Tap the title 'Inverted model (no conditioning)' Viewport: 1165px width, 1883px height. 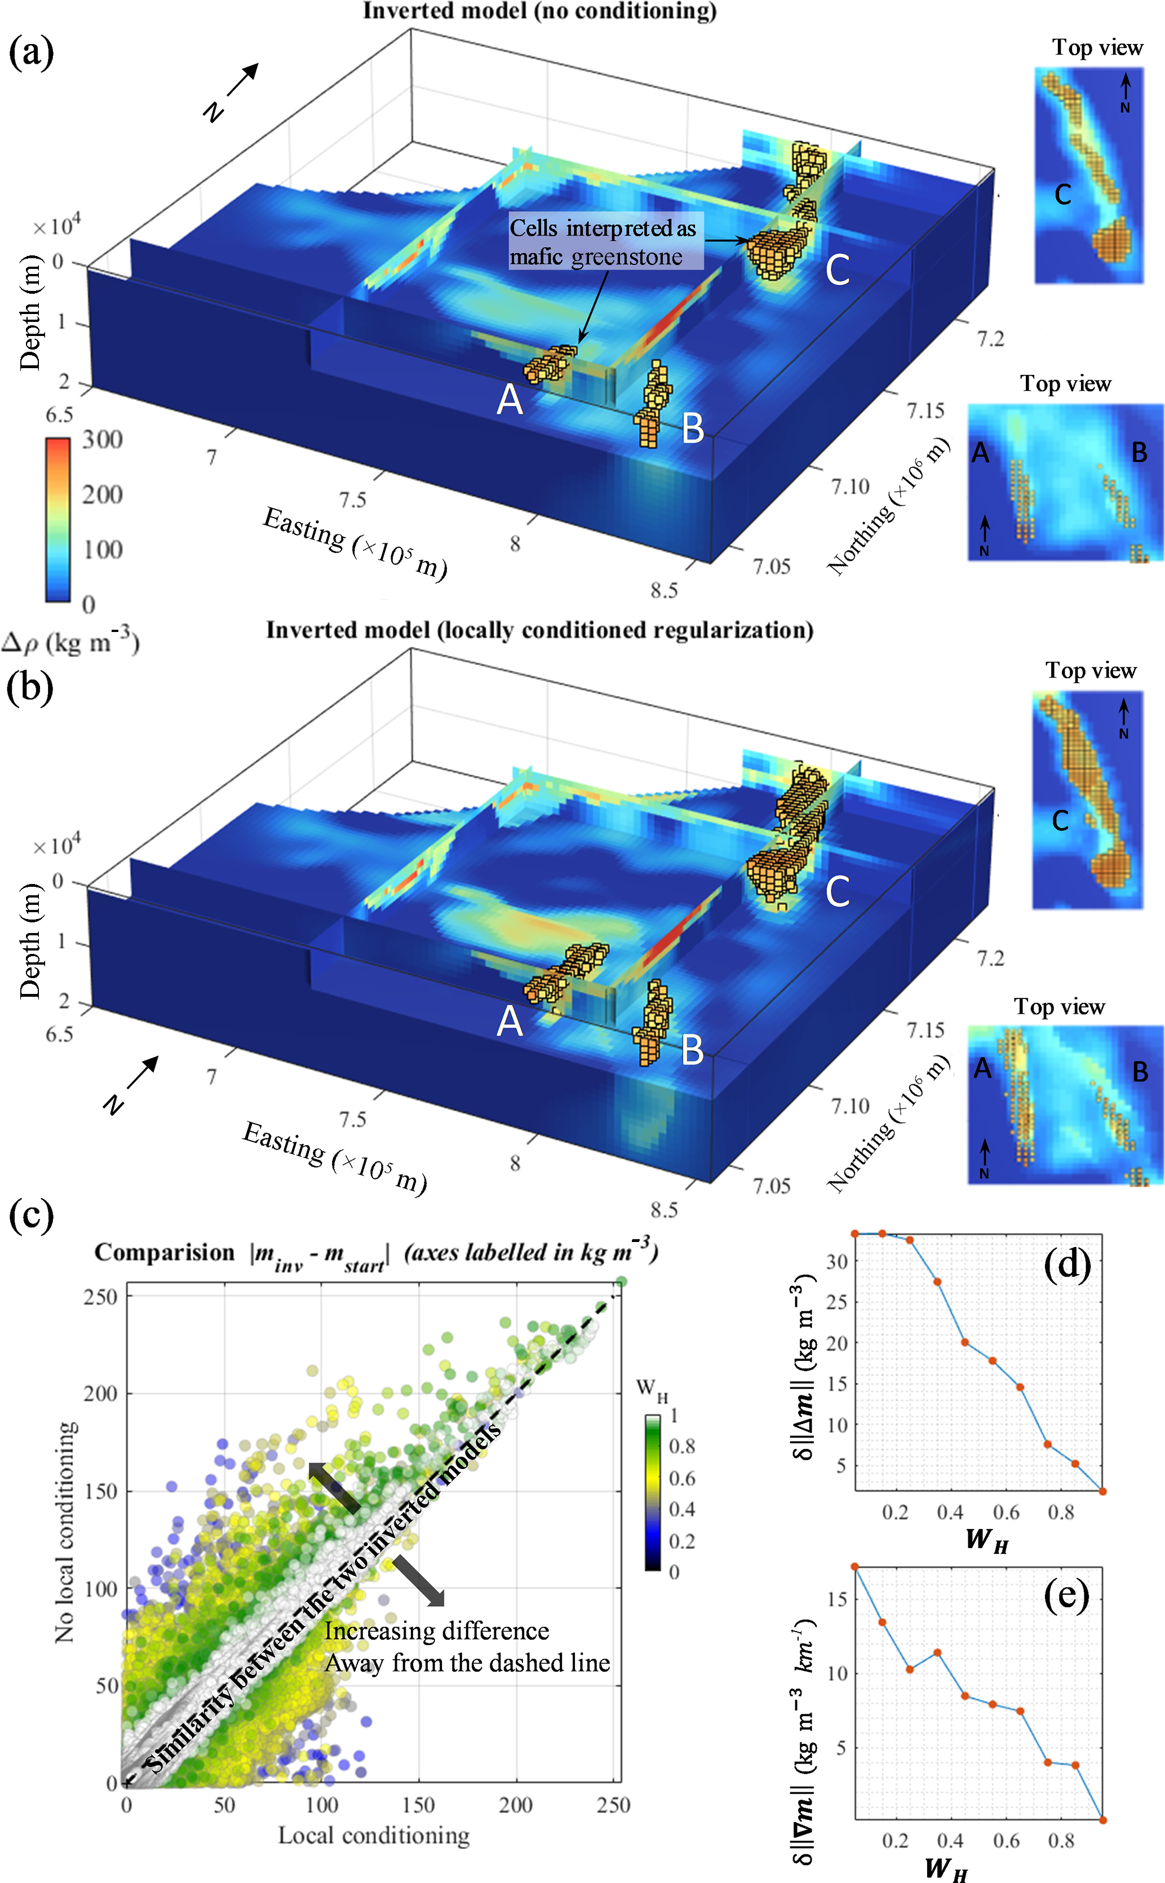[x=539, y=11]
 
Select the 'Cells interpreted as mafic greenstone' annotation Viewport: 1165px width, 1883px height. [x=603, y=242]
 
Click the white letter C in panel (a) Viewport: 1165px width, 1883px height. [x=838, y=269]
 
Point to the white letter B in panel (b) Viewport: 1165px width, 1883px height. [x=693, y=1049]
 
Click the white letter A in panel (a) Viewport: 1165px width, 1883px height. [x=510, y=399]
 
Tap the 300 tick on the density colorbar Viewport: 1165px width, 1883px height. [x=103, y=440]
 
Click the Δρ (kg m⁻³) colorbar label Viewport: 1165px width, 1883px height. [x=69, y=641]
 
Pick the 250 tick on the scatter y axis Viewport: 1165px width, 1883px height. [x=100, y=1296]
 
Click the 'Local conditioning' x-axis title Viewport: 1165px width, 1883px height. [x=374, y=1835]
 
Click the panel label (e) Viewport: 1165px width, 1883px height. [x=1066, y=1595]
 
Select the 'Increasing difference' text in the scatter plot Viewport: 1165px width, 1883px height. [x=436, y=1631]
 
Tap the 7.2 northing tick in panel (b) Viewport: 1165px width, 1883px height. [x=991, y=958]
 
